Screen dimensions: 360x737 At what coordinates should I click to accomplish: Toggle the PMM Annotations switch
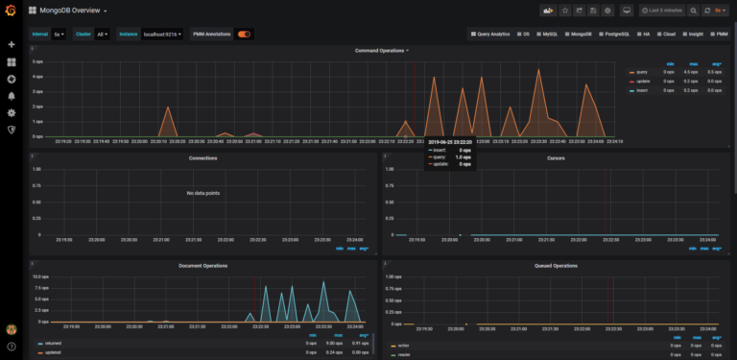[x=245, y=34]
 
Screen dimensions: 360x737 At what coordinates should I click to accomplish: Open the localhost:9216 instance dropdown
[x=162, y=34]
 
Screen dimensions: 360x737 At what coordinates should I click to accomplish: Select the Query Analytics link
[x=489, y=34]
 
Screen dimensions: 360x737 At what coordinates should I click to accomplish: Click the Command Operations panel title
[x=380, y=50]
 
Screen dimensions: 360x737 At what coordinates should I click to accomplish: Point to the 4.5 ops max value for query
[x=690, y=72]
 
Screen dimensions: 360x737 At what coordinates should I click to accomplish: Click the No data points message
[x=202, y=193]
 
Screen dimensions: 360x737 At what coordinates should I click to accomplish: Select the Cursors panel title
[x=556, y=158]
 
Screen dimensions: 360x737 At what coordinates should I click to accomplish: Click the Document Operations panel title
[x=202, y=265]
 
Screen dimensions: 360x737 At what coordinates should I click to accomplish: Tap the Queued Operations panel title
[x=556, y=265]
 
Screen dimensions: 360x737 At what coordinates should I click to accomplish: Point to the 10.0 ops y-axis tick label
[x=40, y=276]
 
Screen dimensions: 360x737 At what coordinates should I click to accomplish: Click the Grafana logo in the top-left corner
[x=12, y=12]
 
